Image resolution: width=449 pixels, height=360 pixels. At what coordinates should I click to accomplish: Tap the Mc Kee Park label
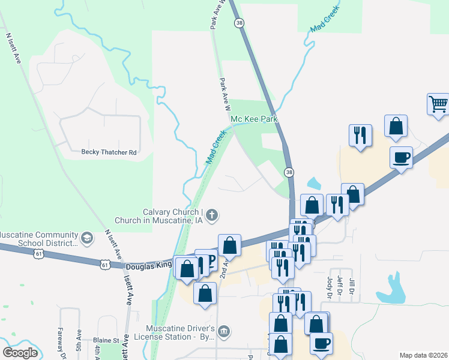(x=255, y=119)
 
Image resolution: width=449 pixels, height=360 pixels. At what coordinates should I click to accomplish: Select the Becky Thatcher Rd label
(x=109, y=152)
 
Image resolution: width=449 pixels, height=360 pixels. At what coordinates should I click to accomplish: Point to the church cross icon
(x=212, y=215)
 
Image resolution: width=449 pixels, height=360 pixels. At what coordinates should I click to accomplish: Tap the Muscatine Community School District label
(x=40, y=239)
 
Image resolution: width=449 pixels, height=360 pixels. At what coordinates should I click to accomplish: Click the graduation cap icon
(x=87, y=239)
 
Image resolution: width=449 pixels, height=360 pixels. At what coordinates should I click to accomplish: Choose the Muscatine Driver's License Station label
(x=181, y=334)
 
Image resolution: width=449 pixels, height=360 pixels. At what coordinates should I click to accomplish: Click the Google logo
(x=20, y=353)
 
